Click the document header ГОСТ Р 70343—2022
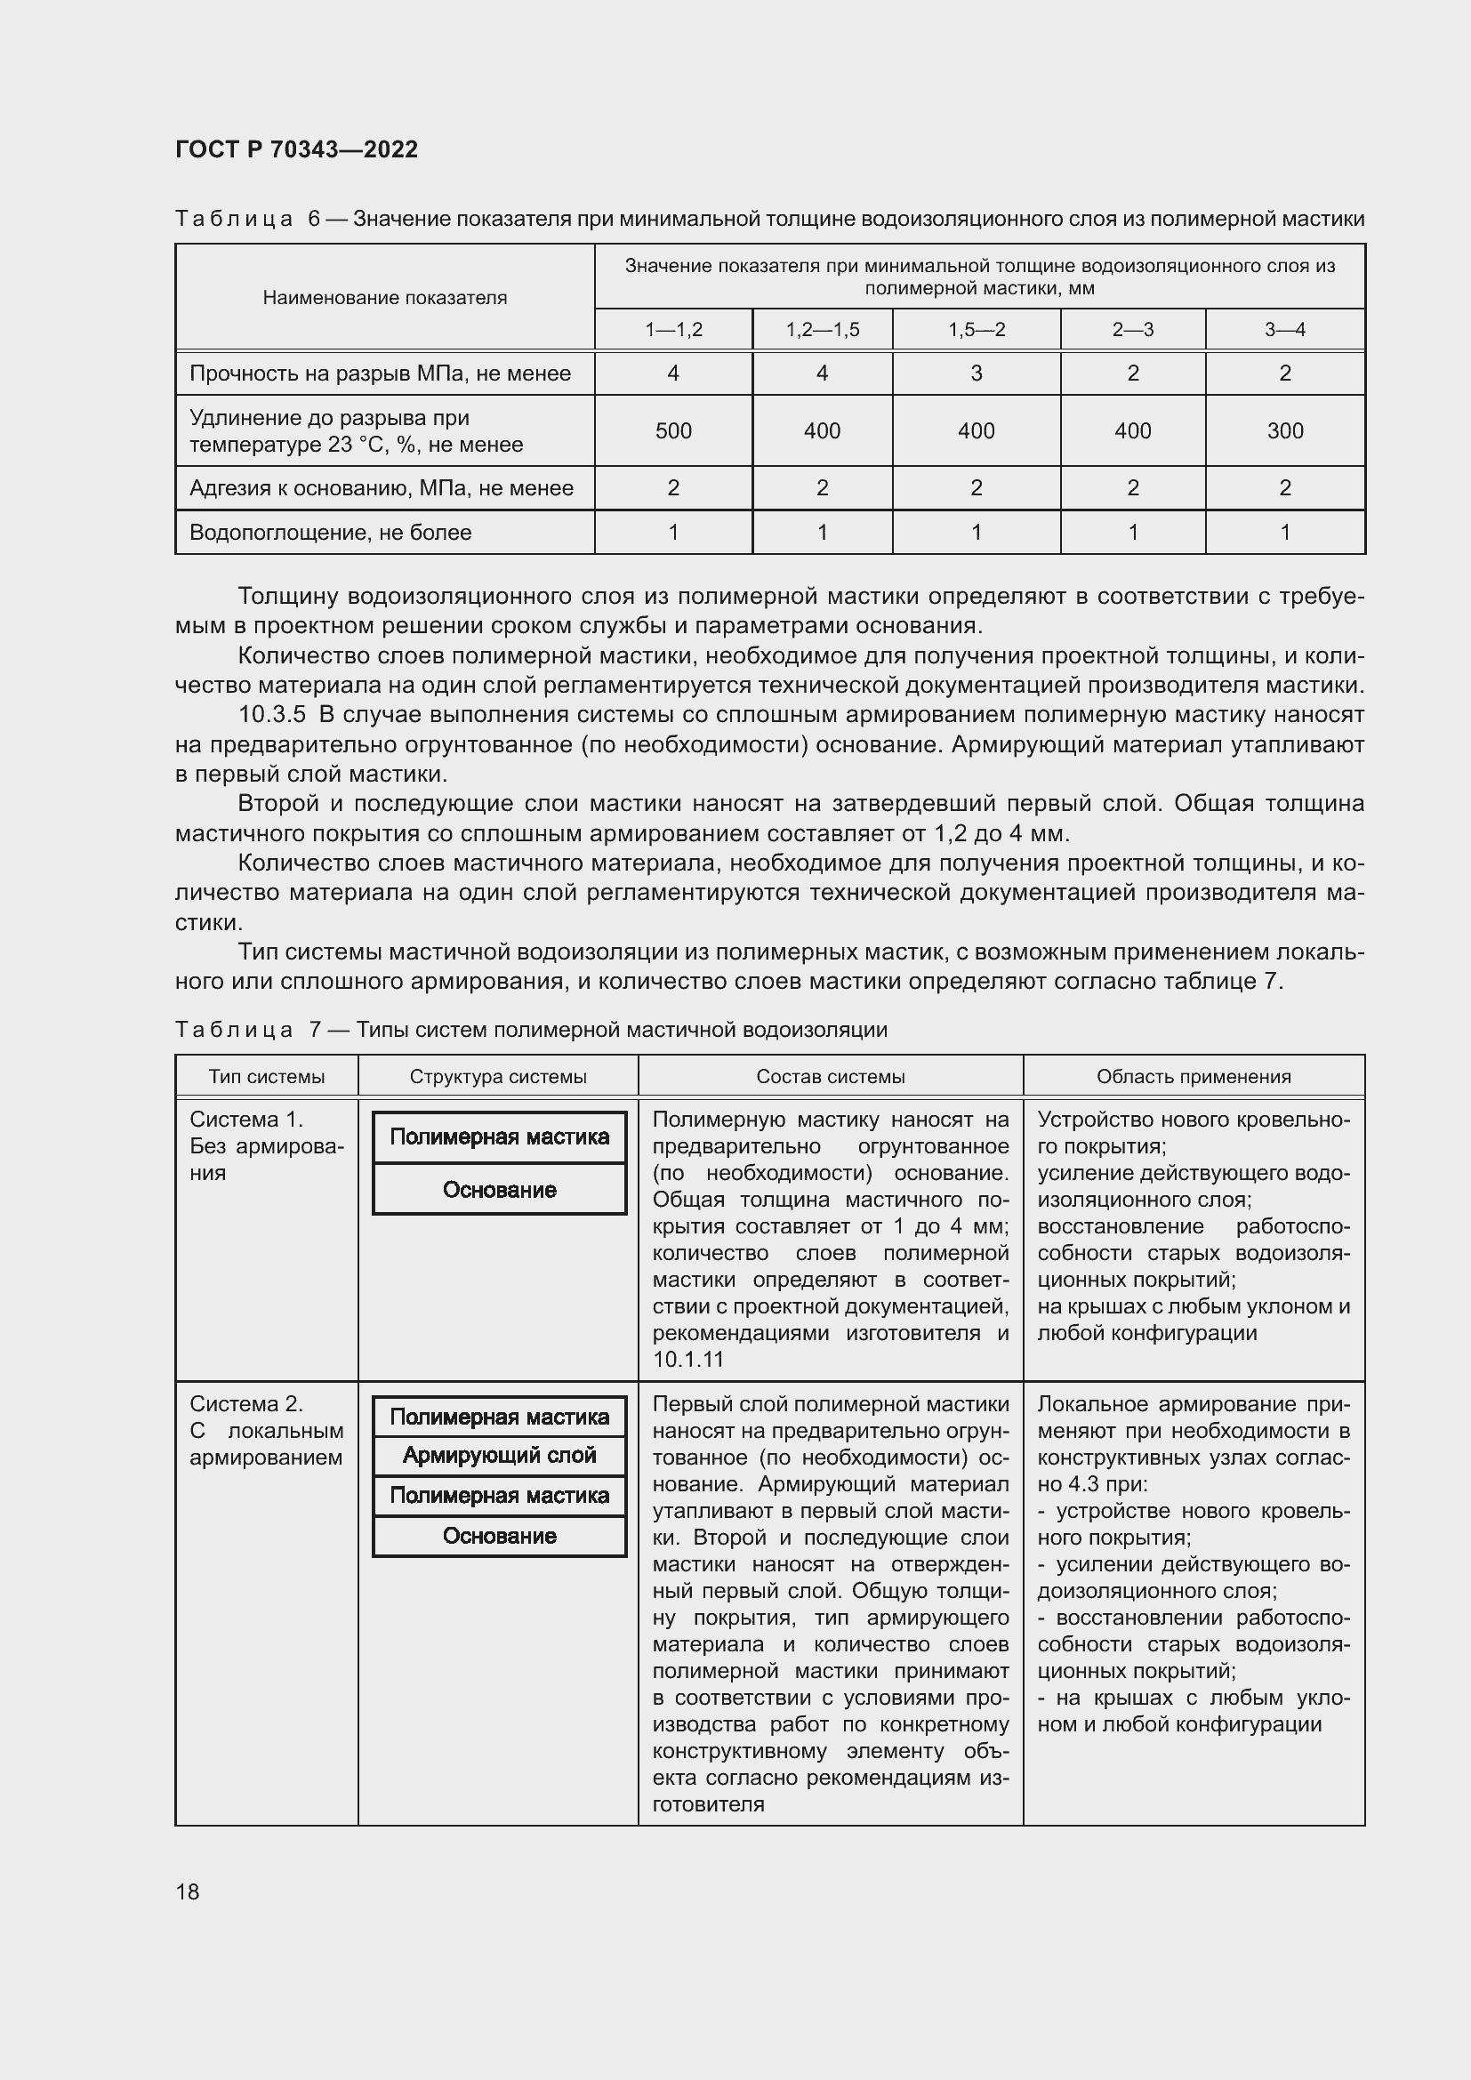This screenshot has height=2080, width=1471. click(x=296, y=149)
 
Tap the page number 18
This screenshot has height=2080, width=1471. click(x=188, y=1891)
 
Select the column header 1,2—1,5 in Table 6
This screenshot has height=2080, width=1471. click(x=822, y=330)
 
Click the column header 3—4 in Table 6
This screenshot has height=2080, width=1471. click(x=1284, y=330)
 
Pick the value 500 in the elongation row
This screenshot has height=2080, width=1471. click(x=673, y=431)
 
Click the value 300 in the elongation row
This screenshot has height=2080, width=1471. click(x=1284, y=431)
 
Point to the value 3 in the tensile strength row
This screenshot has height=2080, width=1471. click(x=976, y=373)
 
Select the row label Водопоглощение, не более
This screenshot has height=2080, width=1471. click(x=330, y=533)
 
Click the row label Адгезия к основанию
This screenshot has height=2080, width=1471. click(x=381, y=488)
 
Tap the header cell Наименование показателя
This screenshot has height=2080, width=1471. click(x=384, y=298)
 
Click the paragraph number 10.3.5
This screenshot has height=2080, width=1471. click(x=272, y=715)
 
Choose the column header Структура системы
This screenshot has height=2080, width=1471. click(x=497, y=1077)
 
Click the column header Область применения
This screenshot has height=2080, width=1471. click(x=1193, y=1077)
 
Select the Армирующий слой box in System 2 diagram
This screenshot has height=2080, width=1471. click(x=499, y=1456)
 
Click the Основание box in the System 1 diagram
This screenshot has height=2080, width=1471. click(x=499, y=1191)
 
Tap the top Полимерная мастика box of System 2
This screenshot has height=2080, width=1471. click(x=499, y=1417)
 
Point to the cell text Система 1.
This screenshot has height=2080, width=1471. click(x=245, y=1120)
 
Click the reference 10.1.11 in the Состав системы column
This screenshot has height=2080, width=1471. click(x=687, y=1359)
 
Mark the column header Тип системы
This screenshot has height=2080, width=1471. click(x=266, y=1077)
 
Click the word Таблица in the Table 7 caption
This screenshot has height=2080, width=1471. click(x=234, y=1030)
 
